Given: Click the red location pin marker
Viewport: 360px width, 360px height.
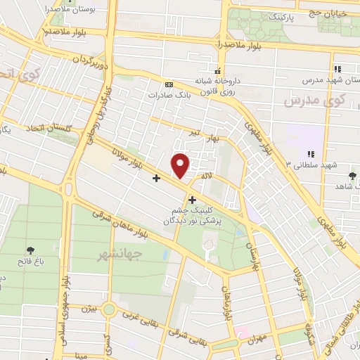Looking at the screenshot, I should tap(181, 165).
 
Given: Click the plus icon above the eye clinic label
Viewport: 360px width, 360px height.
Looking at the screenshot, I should tap(193, 200).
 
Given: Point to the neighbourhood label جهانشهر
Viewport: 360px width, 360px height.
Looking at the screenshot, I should tap(118, 253).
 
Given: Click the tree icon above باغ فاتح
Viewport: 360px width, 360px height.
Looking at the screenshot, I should tap(30, 250).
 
